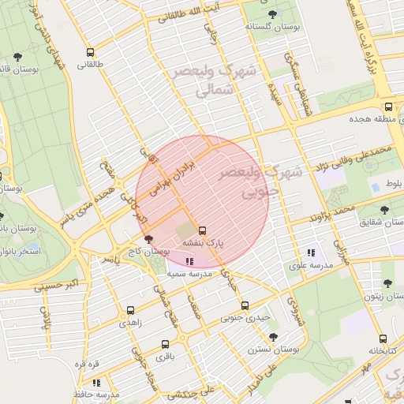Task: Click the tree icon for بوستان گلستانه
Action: click(273, 13)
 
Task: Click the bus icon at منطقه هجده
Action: click(388, 107)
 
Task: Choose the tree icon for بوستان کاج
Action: click(148, 238)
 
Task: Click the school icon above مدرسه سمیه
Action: click(189, 260)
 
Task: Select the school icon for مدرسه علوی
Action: click(311, 253)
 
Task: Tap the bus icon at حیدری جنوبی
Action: click(245, 305)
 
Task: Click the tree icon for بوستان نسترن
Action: click(273, 337)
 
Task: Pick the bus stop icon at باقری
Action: click(165, 344)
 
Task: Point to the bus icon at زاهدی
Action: click(129, 310)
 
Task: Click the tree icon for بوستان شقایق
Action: click(384, 210)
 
